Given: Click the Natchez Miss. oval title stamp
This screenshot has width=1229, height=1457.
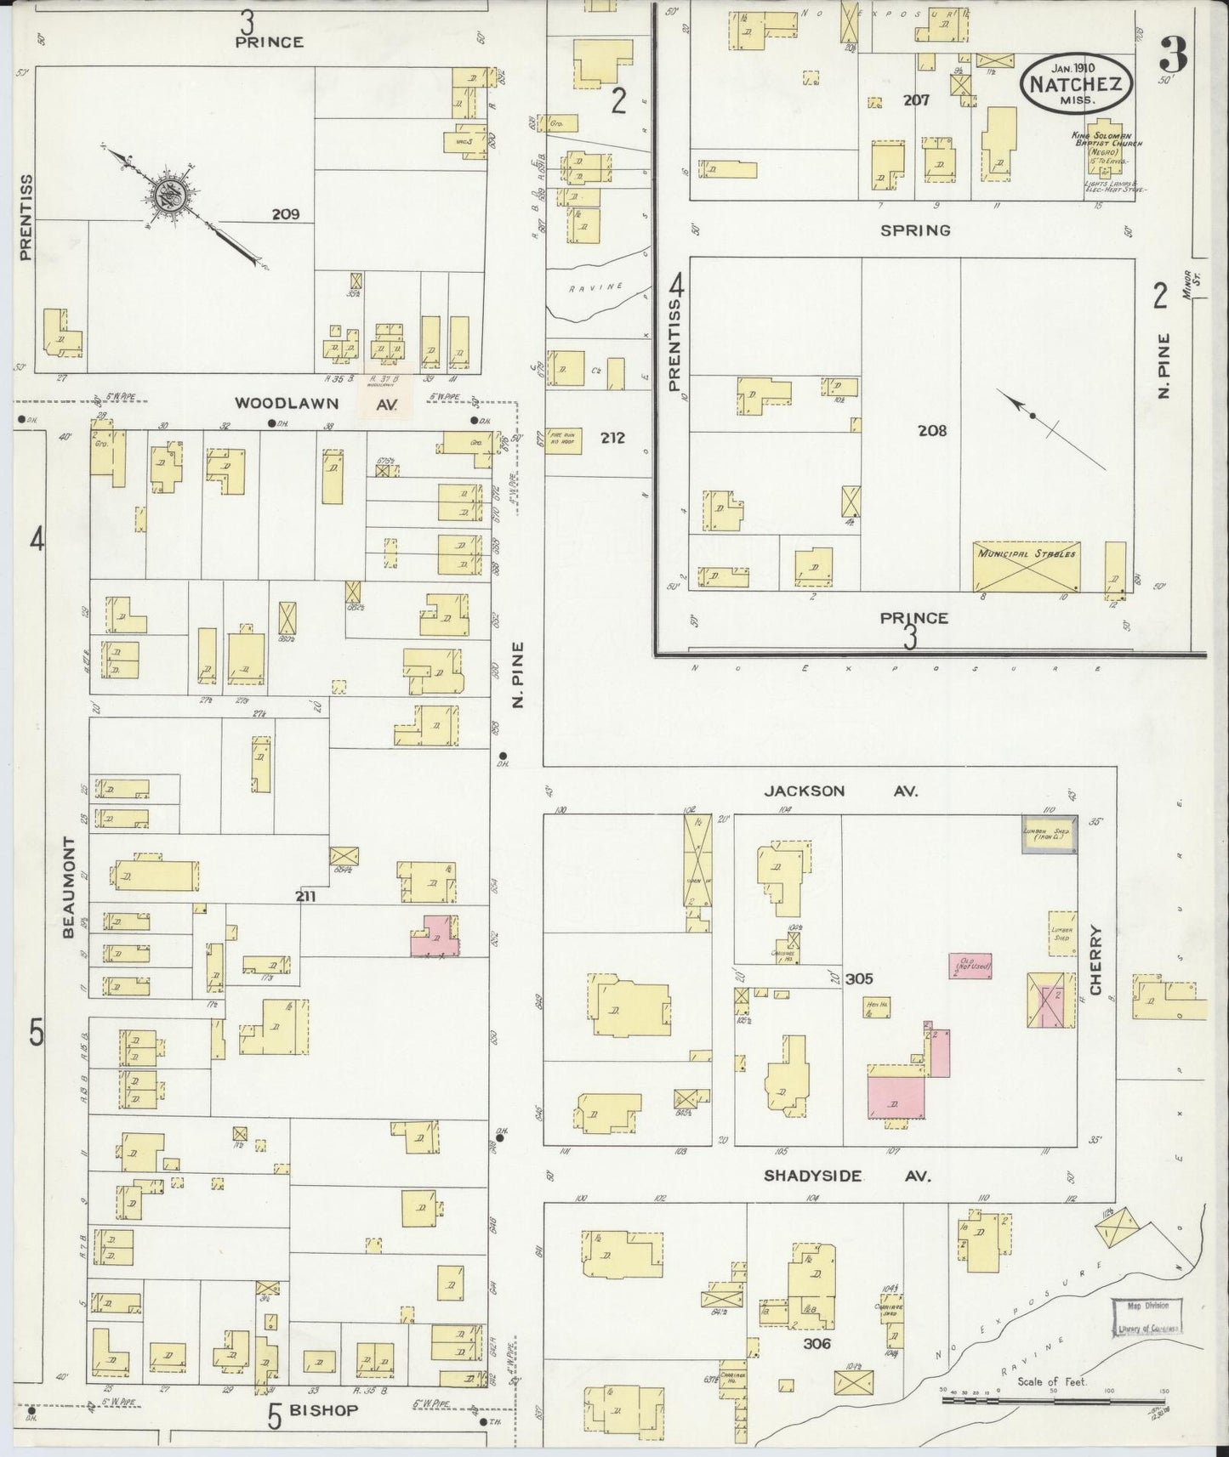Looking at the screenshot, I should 1079,83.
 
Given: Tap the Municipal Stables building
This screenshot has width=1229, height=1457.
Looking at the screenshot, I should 1027,566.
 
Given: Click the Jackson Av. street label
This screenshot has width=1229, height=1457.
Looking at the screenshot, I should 840,791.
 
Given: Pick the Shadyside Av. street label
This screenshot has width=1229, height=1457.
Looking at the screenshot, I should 847,1176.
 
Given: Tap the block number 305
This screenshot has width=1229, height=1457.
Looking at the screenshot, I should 859,979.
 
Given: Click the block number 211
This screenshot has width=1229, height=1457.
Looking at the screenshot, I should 306,896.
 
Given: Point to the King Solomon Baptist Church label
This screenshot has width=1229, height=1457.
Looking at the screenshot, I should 1106,145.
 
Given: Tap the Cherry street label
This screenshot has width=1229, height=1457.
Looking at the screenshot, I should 1095,961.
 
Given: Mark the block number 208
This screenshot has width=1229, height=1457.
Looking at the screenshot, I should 931,431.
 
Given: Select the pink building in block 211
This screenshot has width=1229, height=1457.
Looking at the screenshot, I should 436,938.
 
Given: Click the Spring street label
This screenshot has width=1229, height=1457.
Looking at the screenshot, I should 915,230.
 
